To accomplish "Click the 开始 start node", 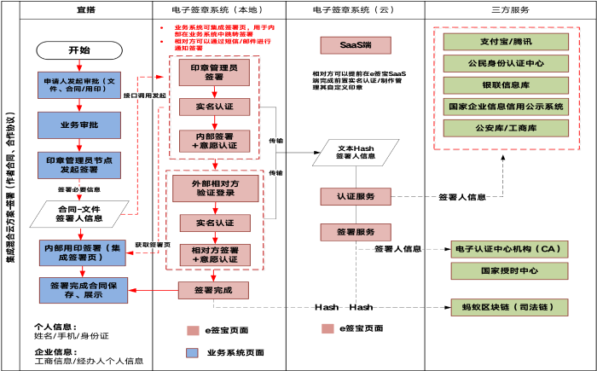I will [78, 50].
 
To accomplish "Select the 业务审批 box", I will [79, 125].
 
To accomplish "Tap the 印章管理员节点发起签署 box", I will [79, 165].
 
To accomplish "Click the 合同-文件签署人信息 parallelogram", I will [79, 213].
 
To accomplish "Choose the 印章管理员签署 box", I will [214, 72].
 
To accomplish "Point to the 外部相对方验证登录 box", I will [215, 188].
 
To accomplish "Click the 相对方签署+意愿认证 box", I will [215, 254].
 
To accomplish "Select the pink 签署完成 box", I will [213, 290].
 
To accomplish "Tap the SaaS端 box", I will [356, 44].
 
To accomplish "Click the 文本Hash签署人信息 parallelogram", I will [356, 152].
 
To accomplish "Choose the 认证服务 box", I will [356, 196].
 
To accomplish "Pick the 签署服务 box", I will [356, 232].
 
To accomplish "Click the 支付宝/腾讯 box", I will [506, 42].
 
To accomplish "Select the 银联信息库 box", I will [506, 85].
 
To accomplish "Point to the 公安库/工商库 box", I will [506, 128].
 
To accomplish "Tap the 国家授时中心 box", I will [509, 271].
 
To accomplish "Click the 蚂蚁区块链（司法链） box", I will [509, 307].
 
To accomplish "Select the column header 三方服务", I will [510, 9].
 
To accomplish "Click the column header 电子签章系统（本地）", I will [218, 9].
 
